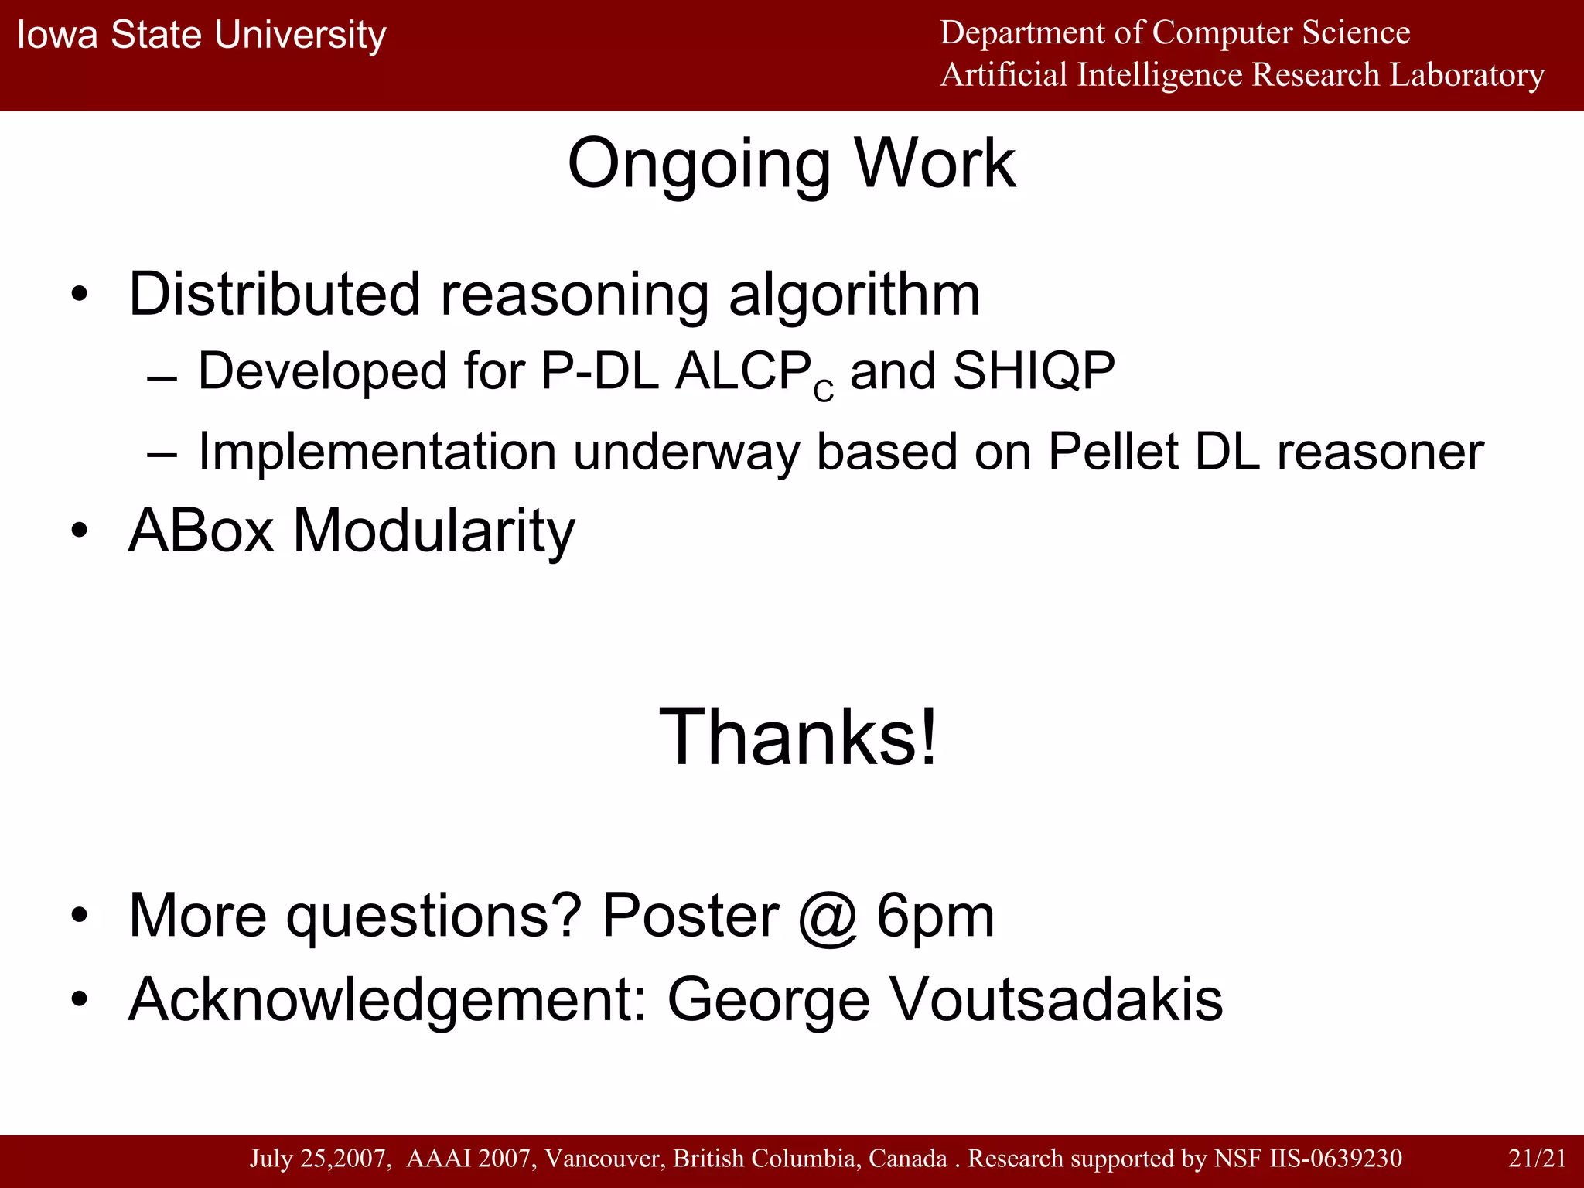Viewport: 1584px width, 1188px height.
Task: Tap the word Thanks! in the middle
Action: [x=797, y=737]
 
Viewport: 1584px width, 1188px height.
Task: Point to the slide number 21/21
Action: [x=1537, y=1158]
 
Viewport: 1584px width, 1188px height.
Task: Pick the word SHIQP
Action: [x=1033, y=371]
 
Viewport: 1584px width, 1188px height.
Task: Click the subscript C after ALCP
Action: [x=824, y=392]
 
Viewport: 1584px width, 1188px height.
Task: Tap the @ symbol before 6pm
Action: [x=828, y=916]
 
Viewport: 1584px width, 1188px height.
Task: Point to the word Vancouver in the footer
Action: [x=604, y=1158]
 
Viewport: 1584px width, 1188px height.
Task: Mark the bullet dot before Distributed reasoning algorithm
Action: [x=79, y=295]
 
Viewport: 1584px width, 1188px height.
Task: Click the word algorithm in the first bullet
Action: [x=854, y=295]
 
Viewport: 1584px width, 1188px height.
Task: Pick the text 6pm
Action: [x=935, y=916]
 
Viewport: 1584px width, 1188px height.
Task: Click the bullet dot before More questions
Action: [x=79, y=917]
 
